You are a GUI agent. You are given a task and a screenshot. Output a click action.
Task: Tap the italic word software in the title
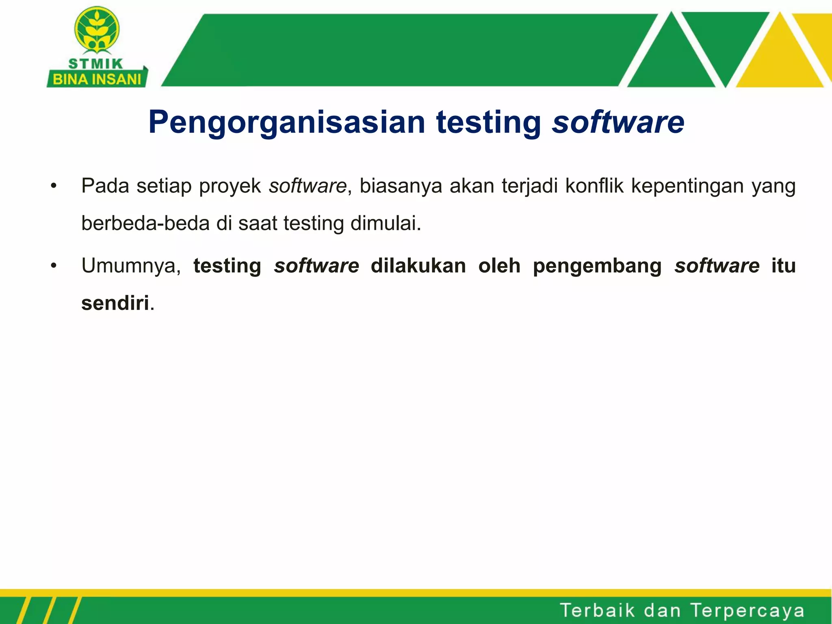pyautogui.click(x=618, y=122)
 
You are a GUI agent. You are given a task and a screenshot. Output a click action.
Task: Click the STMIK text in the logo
pyautogui.click(x=95, y=64)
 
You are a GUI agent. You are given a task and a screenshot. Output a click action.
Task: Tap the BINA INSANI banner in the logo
pyautogui.click(x=97, y=79)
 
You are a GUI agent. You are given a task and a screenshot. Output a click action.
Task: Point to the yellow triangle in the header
pyautogui.click(x=779, y=57)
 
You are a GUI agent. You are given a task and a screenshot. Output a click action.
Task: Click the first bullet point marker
pyautogui.click(x=54, y=186)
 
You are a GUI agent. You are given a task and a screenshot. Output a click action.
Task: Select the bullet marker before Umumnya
pyautogui.click(x=54, y=266)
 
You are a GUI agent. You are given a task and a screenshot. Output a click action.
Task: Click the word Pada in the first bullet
pyautogui.click(x=105, y=186)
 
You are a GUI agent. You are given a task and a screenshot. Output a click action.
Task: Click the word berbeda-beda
pyautogui.click(x=145, y=223)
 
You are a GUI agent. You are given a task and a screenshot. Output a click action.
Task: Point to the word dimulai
pyautogui.click(x=386, y=223)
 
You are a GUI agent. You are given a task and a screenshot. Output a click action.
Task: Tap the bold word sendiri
pyautogui.click(x=115, y=303)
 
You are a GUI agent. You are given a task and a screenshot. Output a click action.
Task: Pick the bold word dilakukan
pyautogui.click(x=418, y=266)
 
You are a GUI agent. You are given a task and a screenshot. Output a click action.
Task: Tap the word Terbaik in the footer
pyautogui.click(x=597, y=610)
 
